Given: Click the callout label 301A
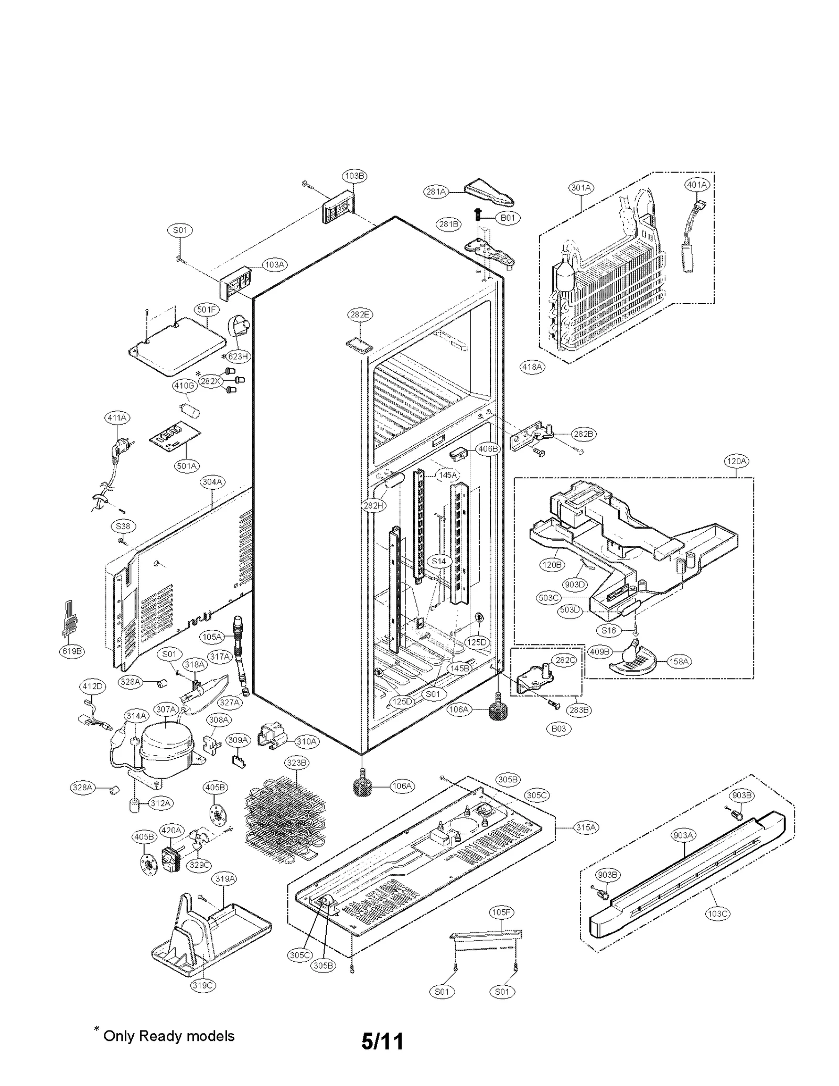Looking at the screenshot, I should [581, 187].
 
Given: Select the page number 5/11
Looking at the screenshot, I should [382, 1041].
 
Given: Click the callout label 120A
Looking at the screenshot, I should [736, 461].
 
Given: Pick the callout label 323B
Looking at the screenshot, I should [297, 762].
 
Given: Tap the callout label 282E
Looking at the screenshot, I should [360, 315].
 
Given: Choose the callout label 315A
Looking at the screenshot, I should [586, 827].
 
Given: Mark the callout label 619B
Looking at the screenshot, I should [72, 651].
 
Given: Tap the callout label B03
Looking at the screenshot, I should [558, 728].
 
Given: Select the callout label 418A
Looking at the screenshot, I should [532, 367].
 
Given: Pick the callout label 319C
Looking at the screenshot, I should [202, 985].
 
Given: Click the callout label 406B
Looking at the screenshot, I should [488, 449].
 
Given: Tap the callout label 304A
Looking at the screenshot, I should [212, 481].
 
